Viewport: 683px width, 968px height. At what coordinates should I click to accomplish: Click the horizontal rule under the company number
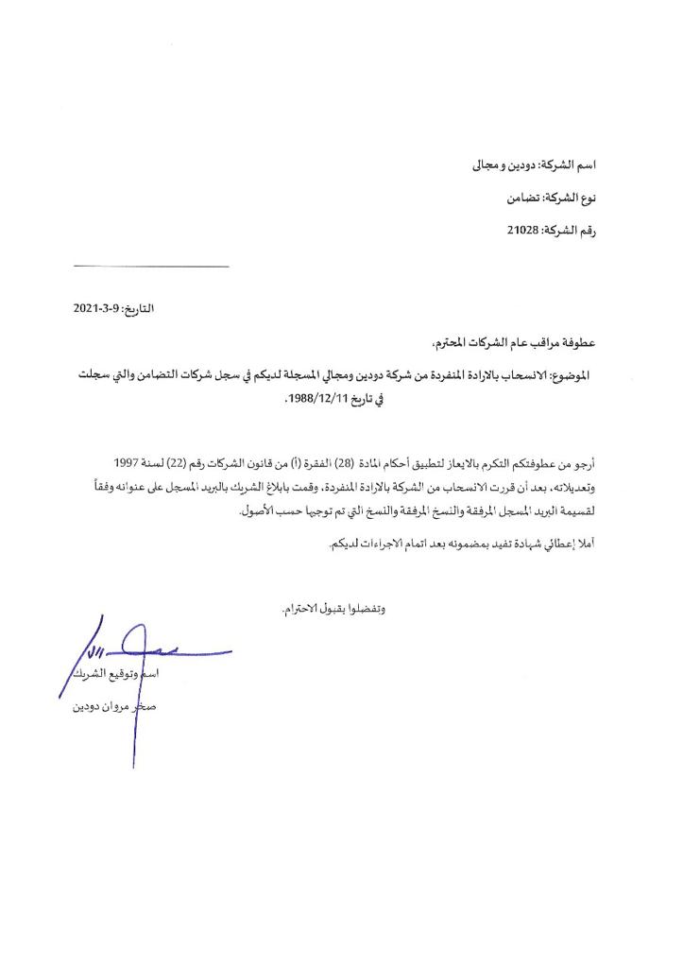click(150, 266)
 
